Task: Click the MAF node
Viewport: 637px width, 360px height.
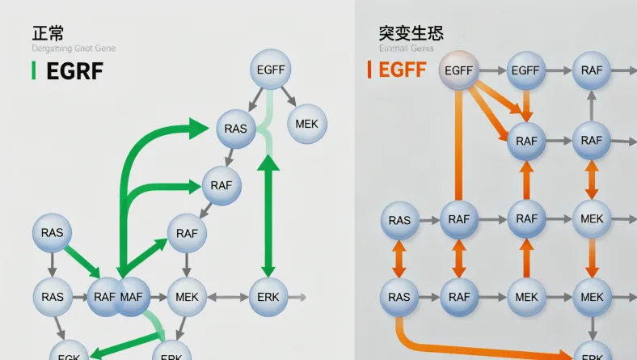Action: click(131, 297)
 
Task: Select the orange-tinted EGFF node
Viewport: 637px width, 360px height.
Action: click(458, 71)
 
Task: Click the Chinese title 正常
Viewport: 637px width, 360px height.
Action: click(48, 33)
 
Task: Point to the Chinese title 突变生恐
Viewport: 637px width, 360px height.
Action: click(411, 33)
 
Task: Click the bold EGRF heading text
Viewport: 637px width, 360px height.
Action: click(74, 71)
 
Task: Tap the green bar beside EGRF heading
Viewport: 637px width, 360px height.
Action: click(33, 70)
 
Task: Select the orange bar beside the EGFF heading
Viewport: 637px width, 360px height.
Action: click(369, 70)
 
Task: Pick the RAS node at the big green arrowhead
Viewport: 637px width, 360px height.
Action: click(236, 129)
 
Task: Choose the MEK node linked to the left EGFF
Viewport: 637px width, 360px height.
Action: click(306, 124)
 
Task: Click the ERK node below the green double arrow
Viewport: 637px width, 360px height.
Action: click(268, 297)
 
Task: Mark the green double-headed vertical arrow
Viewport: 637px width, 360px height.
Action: click(268, 214)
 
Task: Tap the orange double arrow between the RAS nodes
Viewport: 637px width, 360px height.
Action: click(399, 258)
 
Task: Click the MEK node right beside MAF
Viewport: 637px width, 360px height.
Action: click(187, 297)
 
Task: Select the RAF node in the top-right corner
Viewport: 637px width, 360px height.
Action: click(592, 71)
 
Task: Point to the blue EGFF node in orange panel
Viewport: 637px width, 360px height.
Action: click(525, 71)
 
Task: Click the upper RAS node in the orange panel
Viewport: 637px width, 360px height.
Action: click(399, 219)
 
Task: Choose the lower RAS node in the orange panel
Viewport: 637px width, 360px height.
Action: click(399, 297)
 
